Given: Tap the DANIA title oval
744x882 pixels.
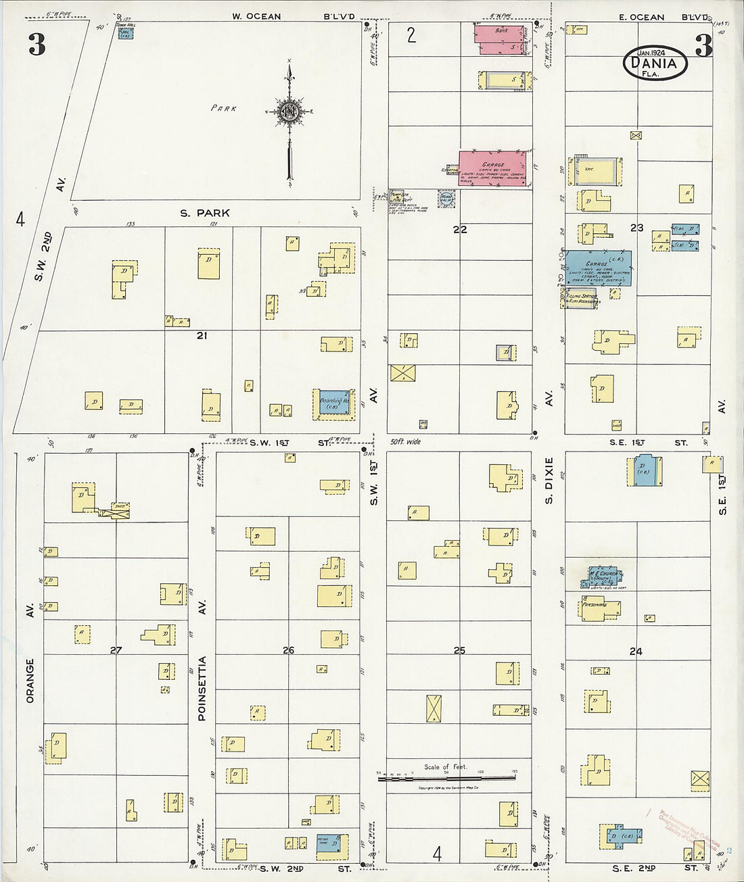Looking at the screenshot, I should [654, 64].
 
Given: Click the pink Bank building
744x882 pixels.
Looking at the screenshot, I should [501, 39].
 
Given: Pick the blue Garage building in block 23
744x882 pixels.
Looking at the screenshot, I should [598, 268].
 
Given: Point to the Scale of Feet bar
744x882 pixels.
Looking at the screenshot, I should [446, 778].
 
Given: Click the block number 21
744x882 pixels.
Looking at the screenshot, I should [202, 335].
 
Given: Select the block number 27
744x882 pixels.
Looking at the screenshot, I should [116, 650].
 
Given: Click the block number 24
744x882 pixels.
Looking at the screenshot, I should [636, 652].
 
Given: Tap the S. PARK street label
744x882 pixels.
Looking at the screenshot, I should [204, 213].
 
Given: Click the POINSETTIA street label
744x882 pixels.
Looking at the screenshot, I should [202, 688].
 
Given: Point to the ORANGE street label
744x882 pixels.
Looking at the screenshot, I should [30, 681].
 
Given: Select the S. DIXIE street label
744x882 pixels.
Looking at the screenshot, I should [549, 480].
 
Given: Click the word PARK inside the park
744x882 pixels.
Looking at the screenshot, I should [223, 108].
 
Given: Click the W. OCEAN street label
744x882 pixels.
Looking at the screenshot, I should [256, 16].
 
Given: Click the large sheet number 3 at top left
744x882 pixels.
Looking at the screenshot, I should [37, 45].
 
